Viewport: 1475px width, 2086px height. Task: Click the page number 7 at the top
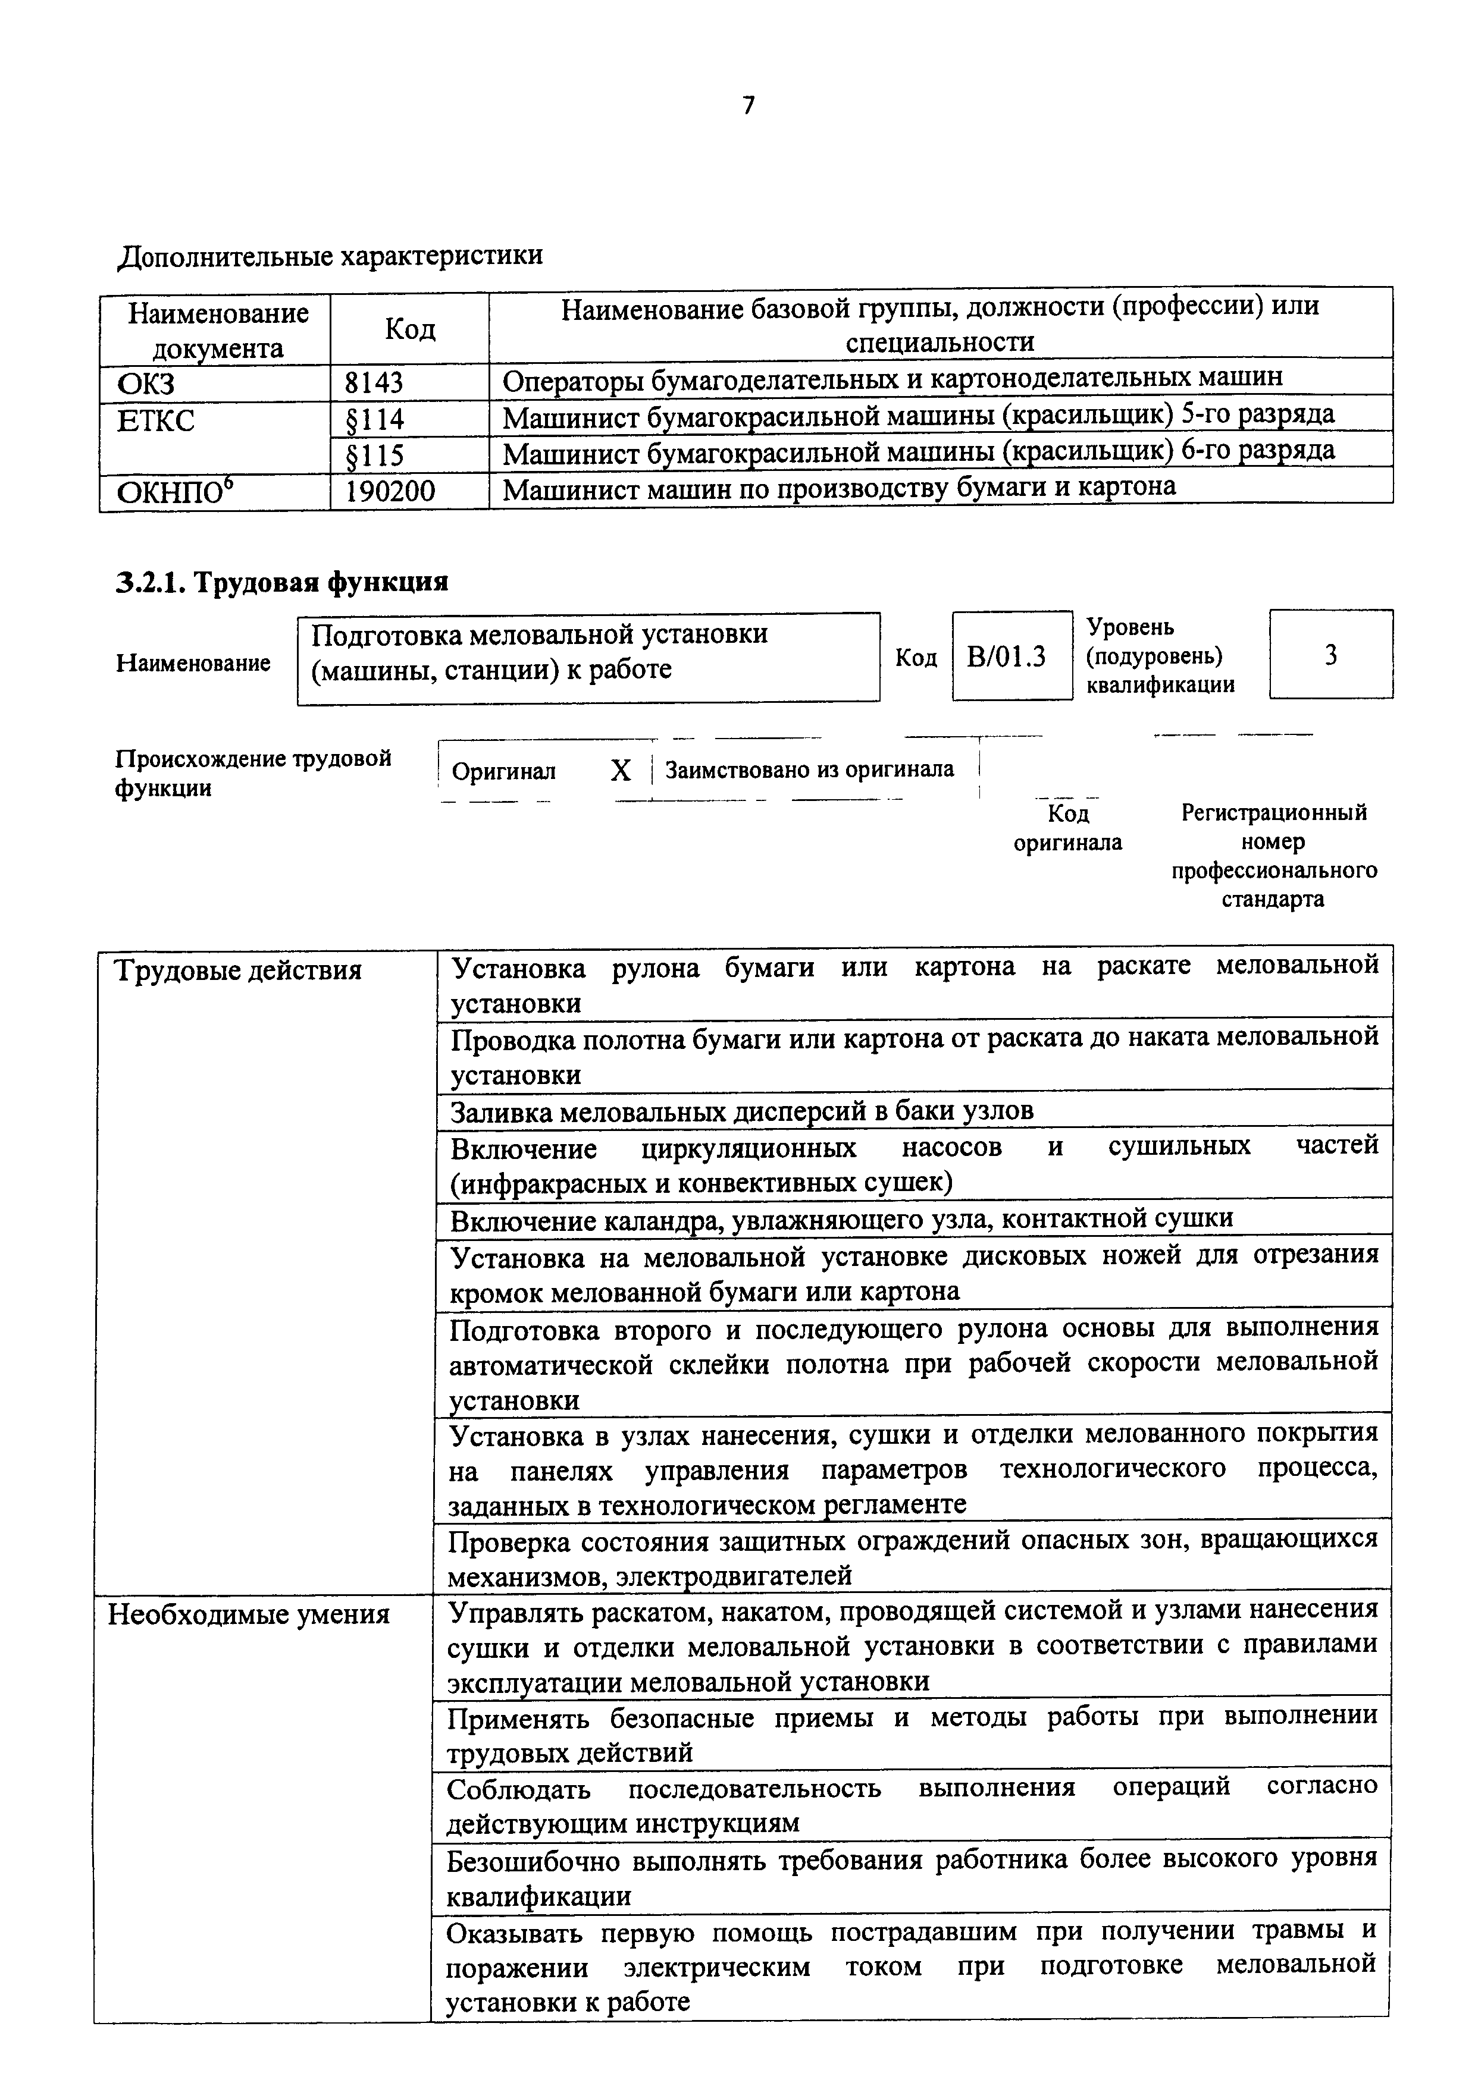coord(748,106)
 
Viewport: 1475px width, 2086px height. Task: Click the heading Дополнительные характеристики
coord(331,255)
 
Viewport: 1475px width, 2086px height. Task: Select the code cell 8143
coord(374,382)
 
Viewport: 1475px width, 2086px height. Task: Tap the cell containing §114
coord(374,419)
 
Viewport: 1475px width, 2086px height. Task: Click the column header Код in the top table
coord(410,329)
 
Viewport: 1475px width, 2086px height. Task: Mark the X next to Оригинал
coord(621,771)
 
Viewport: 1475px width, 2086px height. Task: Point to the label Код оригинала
coord(1068,828)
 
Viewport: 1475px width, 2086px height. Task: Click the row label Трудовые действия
coord(238,970)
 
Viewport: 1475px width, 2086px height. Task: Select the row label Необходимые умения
coord(249,1614)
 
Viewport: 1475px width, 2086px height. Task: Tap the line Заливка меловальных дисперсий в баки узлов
coord(741,1111)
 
